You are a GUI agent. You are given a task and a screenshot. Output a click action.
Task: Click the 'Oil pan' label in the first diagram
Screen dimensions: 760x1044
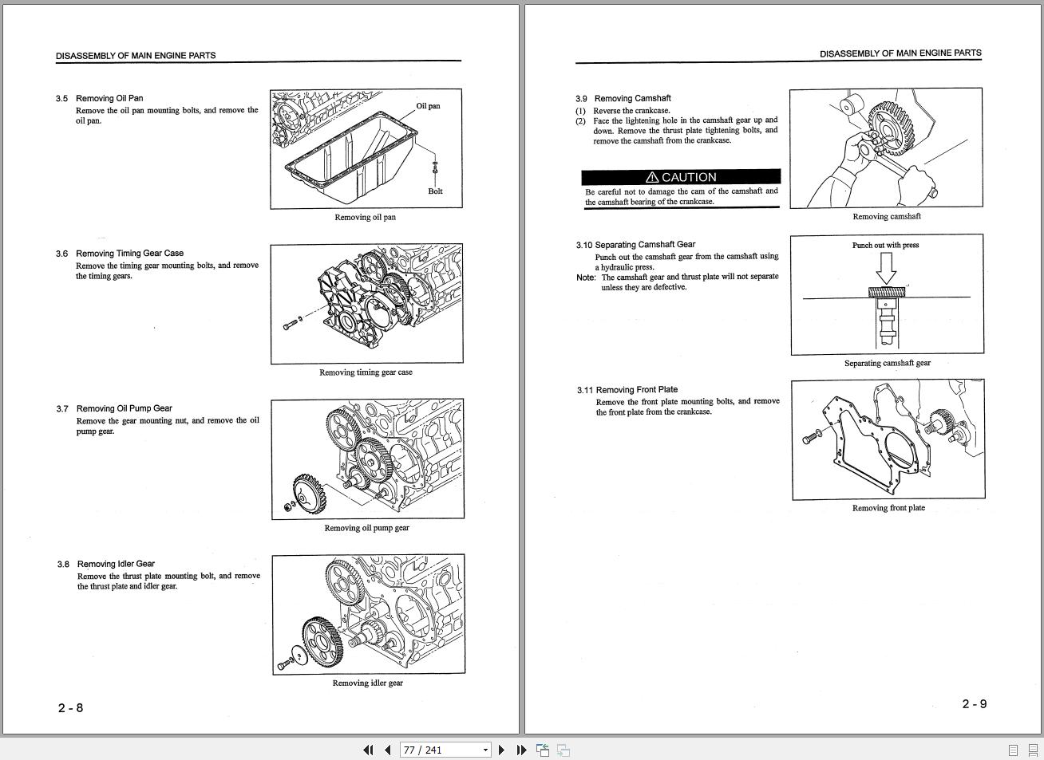pyautogui.click(x=428, y=106)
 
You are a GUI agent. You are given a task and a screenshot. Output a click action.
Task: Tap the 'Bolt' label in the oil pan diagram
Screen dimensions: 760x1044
pyautogui.click(x=435, y=191)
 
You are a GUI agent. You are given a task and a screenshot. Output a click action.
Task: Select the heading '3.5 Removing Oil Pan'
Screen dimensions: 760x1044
pyautogui.click(x=100, y=98)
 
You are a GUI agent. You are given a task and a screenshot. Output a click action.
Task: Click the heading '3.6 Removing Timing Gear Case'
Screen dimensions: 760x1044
pyautogui.click(x=120, y=254)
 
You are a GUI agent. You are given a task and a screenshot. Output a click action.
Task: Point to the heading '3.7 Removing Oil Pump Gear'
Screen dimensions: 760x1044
pyautogui.click(x=114, y=408)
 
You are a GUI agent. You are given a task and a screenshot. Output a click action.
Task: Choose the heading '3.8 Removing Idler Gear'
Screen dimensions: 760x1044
pyautogui.click(x=106, y=564)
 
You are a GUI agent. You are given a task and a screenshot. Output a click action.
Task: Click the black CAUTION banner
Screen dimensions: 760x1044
pyautogui.click(x=681, y=177)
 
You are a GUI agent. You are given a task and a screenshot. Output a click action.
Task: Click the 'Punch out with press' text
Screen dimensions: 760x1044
pyautogui.click(x=885, y=245)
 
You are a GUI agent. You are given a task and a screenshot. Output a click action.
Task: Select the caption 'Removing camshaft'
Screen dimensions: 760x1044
pyautogui.click(x=886, y=216)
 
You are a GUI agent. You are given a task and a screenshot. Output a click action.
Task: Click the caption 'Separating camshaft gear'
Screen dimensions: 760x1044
pyautogui.click(x=887, y=363)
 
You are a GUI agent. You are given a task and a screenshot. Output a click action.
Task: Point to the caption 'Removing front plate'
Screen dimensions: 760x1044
pyautogui.click(x=888, y=508)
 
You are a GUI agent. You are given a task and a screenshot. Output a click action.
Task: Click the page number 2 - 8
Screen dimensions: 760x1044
pyautogui.click(x=70, y=708)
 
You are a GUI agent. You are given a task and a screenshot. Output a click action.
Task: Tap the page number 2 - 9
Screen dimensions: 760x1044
pyautogui.click(x=974, y=704)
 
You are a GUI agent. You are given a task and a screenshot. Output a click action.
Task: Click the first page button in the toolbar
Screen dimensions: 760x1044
pyautogui.click(x=367, y=750)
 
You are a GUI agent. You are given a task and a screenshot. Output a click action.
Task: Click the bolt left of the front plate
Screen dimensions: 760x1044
pyautogui.click(x=812, y=436)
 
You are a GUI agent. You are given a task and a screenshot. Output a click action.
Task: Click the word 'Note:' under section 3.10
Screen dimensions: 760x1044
pyautogui.click(x=586, y=278)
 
